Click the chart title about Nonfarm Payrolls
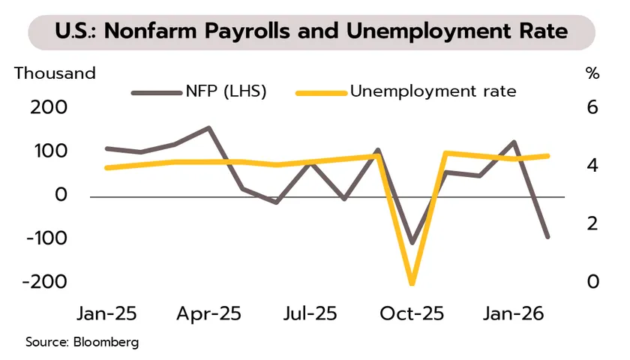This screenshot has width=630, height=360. (311, 32)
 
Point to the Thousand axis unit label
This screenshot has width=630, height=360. (55, 73)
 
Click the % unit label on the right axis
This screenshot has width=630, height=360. (592, 73)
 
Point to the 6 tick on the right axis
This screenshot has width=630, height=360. (592, 107)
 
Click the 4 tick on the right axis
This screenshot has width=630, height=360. (592, 165)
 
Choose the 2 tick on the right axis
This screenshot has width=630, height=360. (592, 223)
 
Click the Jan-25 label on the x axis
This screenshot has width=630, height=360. (107, 313)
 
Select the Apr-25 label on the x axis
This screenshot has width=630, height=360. (209, 313)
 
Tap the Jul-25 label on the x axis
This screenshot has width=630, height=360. (310, 313)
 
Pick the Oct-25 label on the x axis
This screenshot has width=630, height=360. (412, 313)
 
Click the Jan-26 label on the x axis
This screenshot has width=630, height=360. (513, 313)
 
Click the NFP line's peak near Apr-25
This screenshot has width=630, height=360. (208, 128)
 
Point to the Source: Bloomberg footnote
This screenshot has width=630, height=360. (82, 342)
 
